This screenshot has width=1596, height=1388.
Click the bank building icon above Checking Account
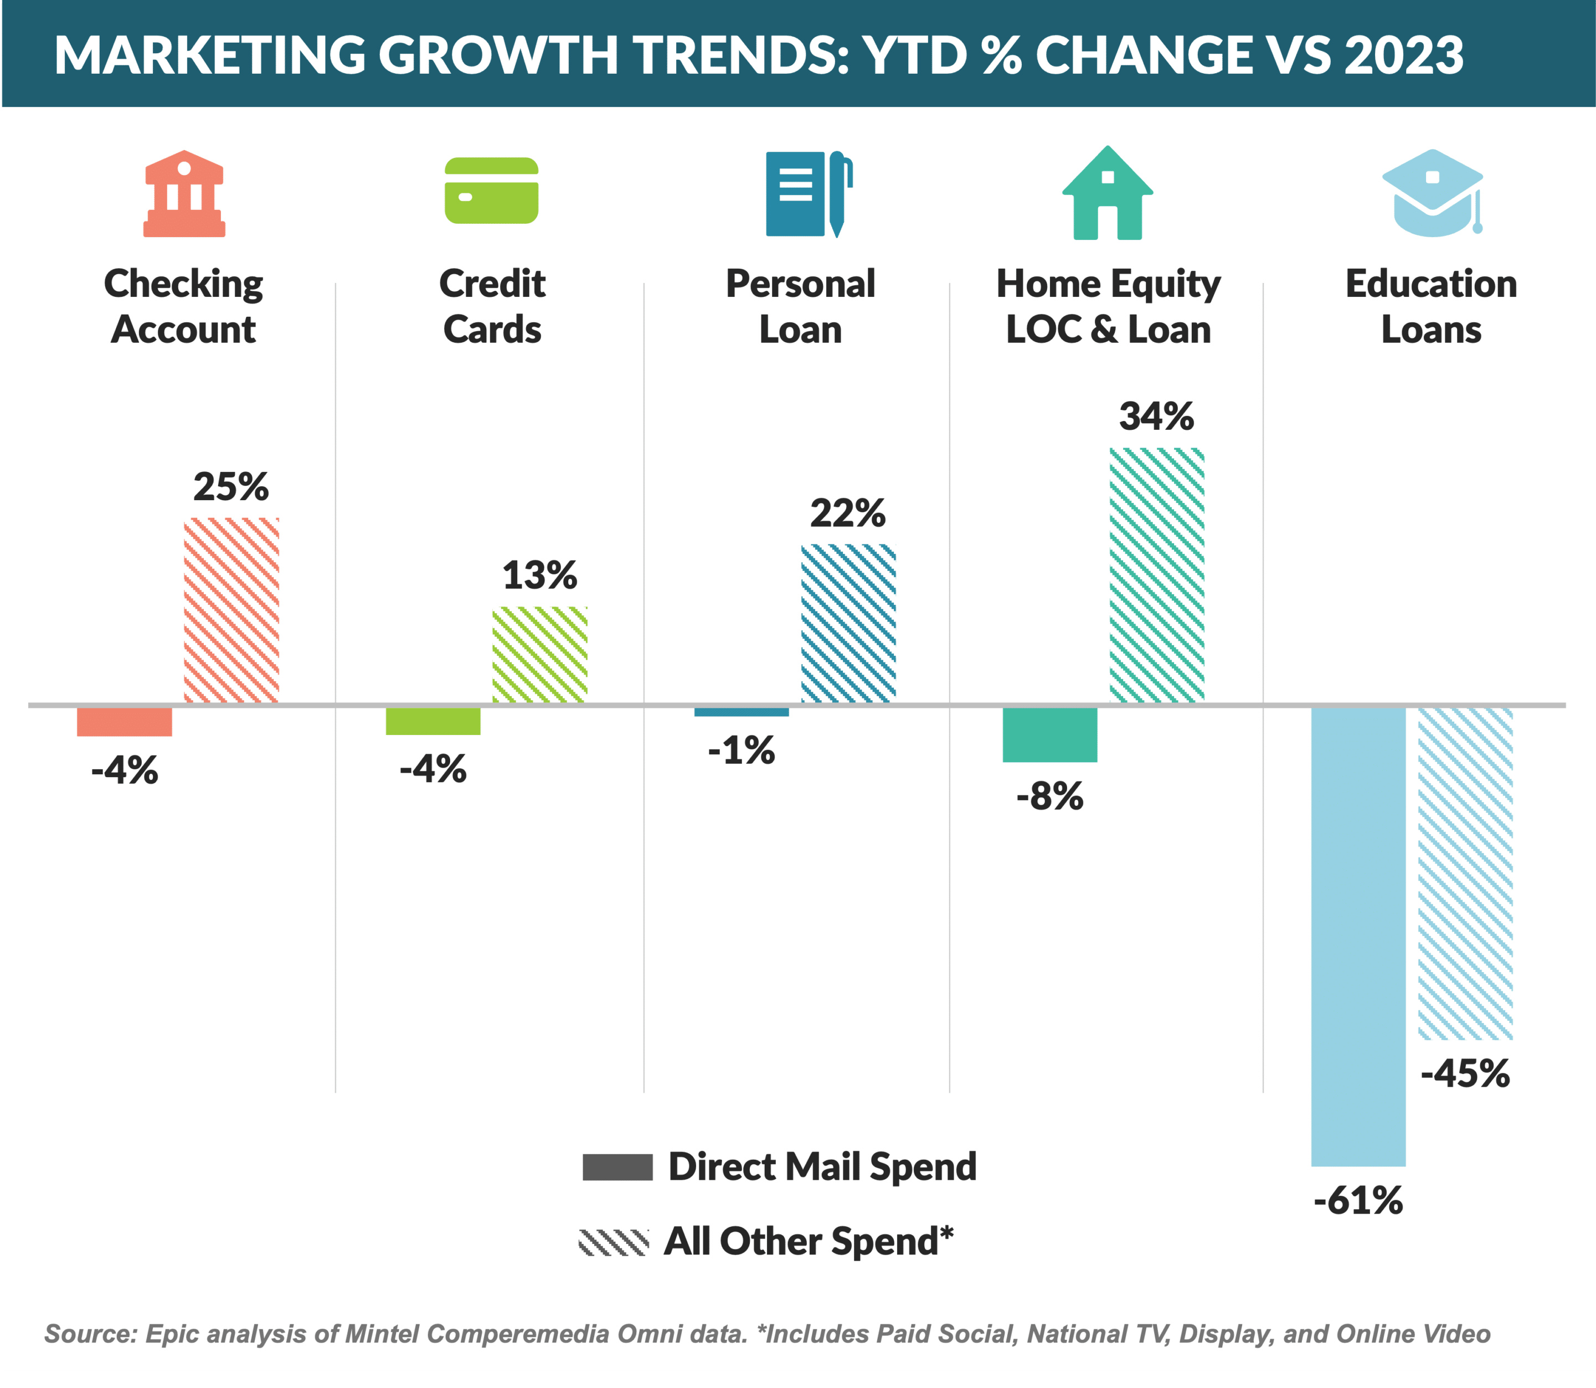pyautogui.click(x=184, y=194)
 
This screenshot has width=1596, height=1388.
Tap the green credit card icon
pyautogui.click(x=491, y=191)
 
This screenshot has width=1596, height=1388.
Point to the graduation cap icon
pyautogui.click(x=1433, y=193)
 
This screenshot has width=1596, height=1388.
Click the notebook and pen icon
pyautogui.click(x=809, y=194)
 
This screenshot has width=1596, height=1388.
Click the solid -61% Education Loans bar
pyautogui.click(x=1358, y=937)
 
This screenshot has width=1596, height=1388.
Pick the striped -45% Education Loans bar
pyautogui.click(x=1465, y=873)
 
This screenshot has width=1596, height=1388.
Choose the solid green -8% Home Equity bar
pyautogui.click(x=1050, y=734)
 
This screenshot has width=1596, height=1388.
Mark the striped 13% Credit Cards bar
pyautogui.click(x=540, y=655)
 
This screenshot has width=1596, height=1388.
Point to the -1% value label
pyautogui.click(x=741, y=750)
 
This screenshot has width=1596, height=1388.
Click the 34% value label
pyautogui.click(x=1156, y=417)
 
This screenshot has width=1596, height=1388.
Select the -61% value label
pyautogui.click(x=1358, y=1201)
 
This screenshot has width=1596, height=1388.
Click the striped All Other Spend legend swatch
pyautogui.click(x=613, y=1242)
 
